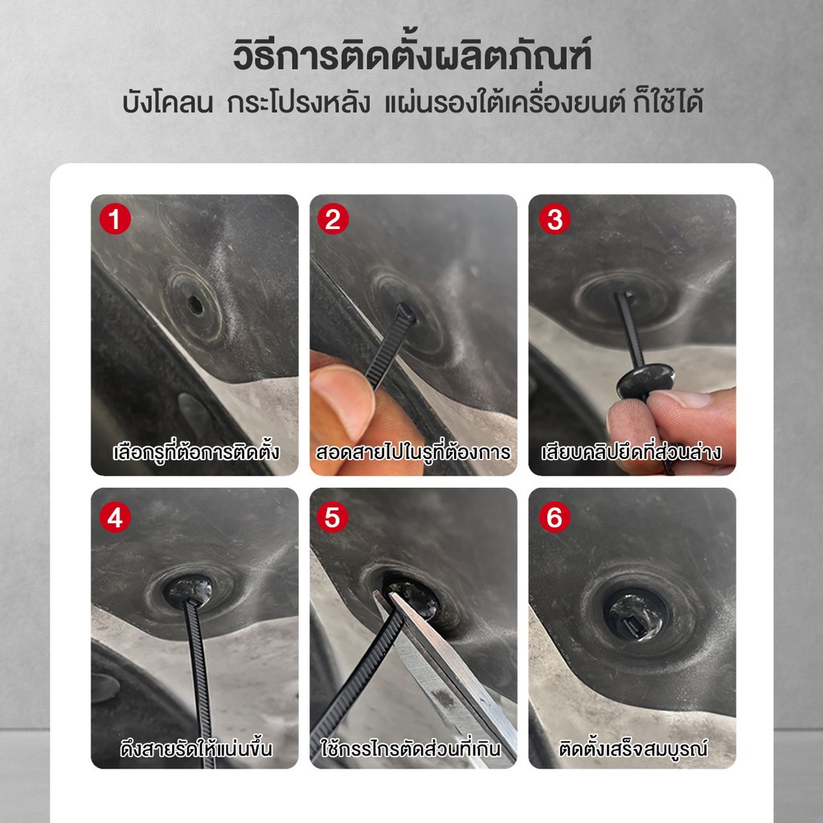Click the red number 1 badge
pyautogui.click(x=115, y=219)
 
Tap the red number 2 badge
pyautogui.click(x=333, y=219)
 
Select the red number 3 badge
pyautogui.click(x=555, y=219)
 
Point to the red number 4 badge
pyautogui.click(x=115, y=517)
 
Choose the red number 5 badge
pyautogui.click(x=333, y=517)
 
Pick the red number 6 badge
pyautogui.click(x=555, y=517)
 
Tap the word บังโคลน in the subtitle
pyautogui.click(x=167, y=102)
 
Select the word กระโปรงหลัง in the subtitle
pyautogui.click(x=298, y=102)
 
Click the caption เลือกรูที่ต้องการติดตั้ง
pyautogui.click(x=196, y=452)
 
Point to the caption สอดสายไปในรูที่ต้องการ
pyautogui.click(x=412, y=452)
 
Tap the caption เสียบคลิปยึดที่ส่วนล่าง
pyautogui.click(x=632, y=452)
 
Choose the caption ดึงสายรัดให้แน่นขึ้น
pyautogui.click(x=196, y=748)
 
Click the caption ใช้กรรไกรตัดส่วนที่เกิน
pyautogui.click(x=411, y=748)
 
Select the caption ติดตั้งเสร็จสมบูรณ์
pyautogui.click(x=633, y=748)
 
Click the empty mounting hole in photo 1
pyautogui.click(x=194, y=305)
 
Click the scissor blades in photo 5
pyautogui.click(x=446, y=672)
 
